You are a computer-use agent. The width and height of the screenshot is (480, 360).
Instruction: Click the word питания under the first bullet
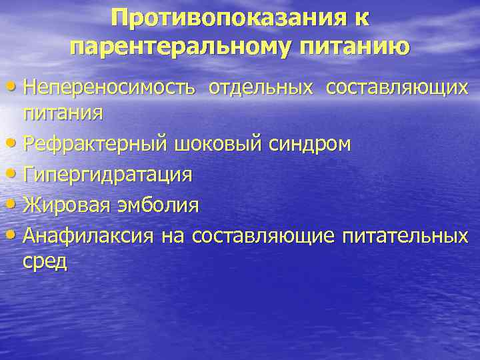coord(63,111)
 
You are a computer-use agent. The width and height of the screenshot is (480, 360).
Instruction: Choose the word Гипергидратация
coord(107,175)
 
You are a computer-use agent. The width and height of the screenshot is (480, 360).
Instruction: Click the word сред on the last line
coord(45,261)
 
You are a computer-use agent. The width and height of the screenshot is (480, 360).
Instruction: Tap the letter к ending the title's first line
coord(361,19)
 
